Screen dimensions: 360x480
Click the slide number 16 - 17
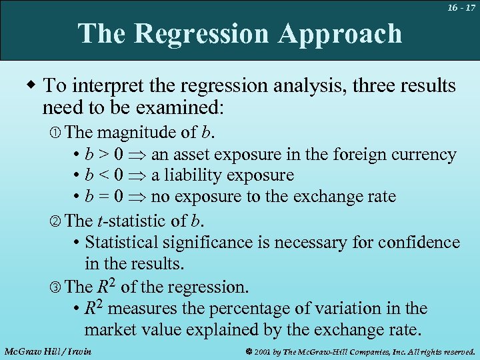point(461,7)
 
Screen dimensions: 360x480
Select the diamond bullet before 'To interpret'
point(31,85)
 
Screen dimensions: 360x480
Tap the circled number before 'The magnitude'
point(57,133)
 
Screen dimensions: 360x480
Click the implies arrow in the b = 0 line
point(137,197)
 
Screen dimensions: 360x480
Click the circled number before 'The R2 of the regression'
point(57,287)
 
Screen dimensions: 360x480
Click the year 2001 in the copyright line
point(261,351)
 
